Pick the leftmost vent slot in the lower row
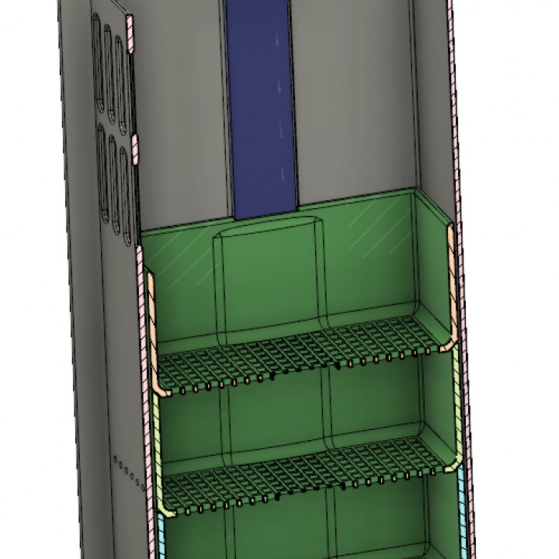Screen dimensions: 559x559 coord(102,171)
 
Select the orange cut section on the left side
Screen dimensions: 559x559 coord(153,334)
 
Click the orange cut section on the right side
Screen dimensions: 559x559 coord(450,287)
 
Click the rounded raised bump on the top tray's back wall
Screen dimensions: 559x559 coord(268,279)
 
